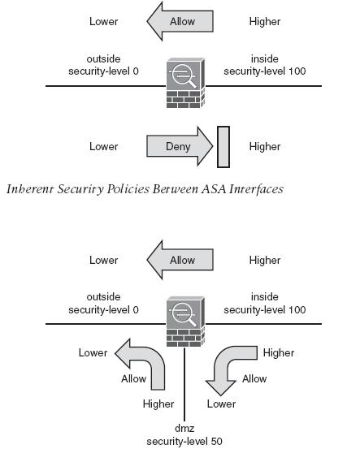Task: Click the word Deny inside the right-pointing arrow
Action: coord(177,147)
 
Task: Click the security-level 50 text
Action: coord(184,440)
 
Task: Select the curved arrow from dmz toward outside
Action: coord(145,365)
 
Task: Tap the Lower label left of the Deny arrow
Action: coord(104,147)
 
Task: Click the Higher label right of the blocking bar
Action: coord(265,147)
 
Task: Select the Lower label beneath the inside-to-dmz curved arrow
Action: coord(221,404)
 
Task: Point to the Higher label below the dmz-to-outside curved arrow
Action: coord(158,404)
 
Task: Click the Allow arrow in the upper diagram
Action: coord(180,22)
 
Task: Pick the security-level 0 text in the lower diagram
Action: coord(103,310)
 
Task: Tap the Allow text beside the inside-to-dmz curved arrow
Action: coord(254,378)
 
